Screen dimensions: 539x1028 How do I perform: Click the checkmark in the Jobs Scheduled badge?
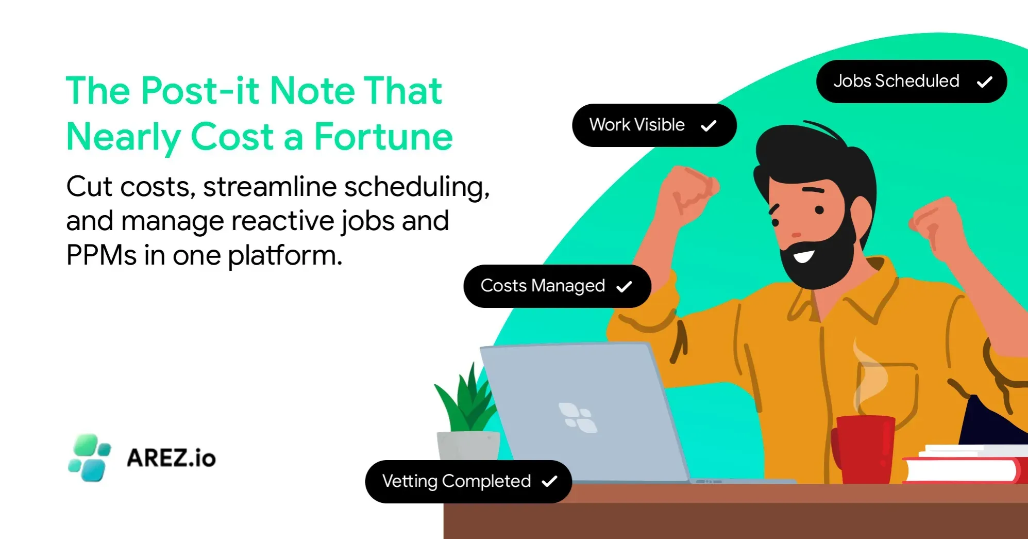pos(984,82)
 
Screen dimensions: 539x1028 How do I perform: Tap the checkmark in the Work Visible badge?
pos(709,125)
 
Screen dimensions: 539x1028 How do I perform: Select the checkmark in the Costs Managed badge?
pos(624,286)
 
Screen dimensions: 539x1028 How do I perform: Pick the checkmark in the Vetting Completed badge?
pos(549,481)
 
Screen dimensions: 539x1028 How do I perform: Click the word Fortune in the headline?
pos(383,137)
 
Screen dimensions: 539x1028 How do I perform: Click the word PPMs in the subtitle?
pos(100,255)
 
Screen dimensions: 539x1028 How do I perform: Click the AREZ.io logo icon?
pos(89,458)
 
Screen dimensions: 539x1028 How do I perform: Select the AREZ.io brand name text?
pos(171,458)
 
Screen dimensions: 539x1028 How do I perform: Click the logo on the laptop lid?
pos(578,417)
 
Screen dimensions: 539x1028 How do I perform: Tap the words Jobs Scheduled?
pos(896,81)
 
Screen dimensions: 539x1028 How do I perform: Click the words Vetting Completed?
pos(456,481)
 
